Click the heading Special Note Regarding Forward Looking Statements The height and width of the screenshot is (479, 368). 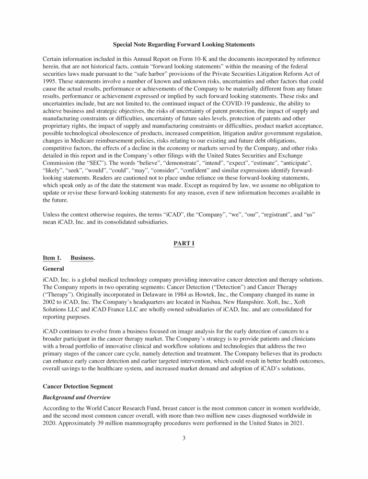pyautogui.click(x=184, y=45)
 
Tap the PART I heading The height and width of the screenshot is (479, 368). pyautogui.click(x=184, y=244)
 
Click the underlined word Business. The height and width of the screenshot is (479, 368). pyautogui.click(x=82, y=258)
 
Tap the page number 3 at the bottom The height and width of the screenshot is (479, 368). pyautogui.click(x=184, y=436)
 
